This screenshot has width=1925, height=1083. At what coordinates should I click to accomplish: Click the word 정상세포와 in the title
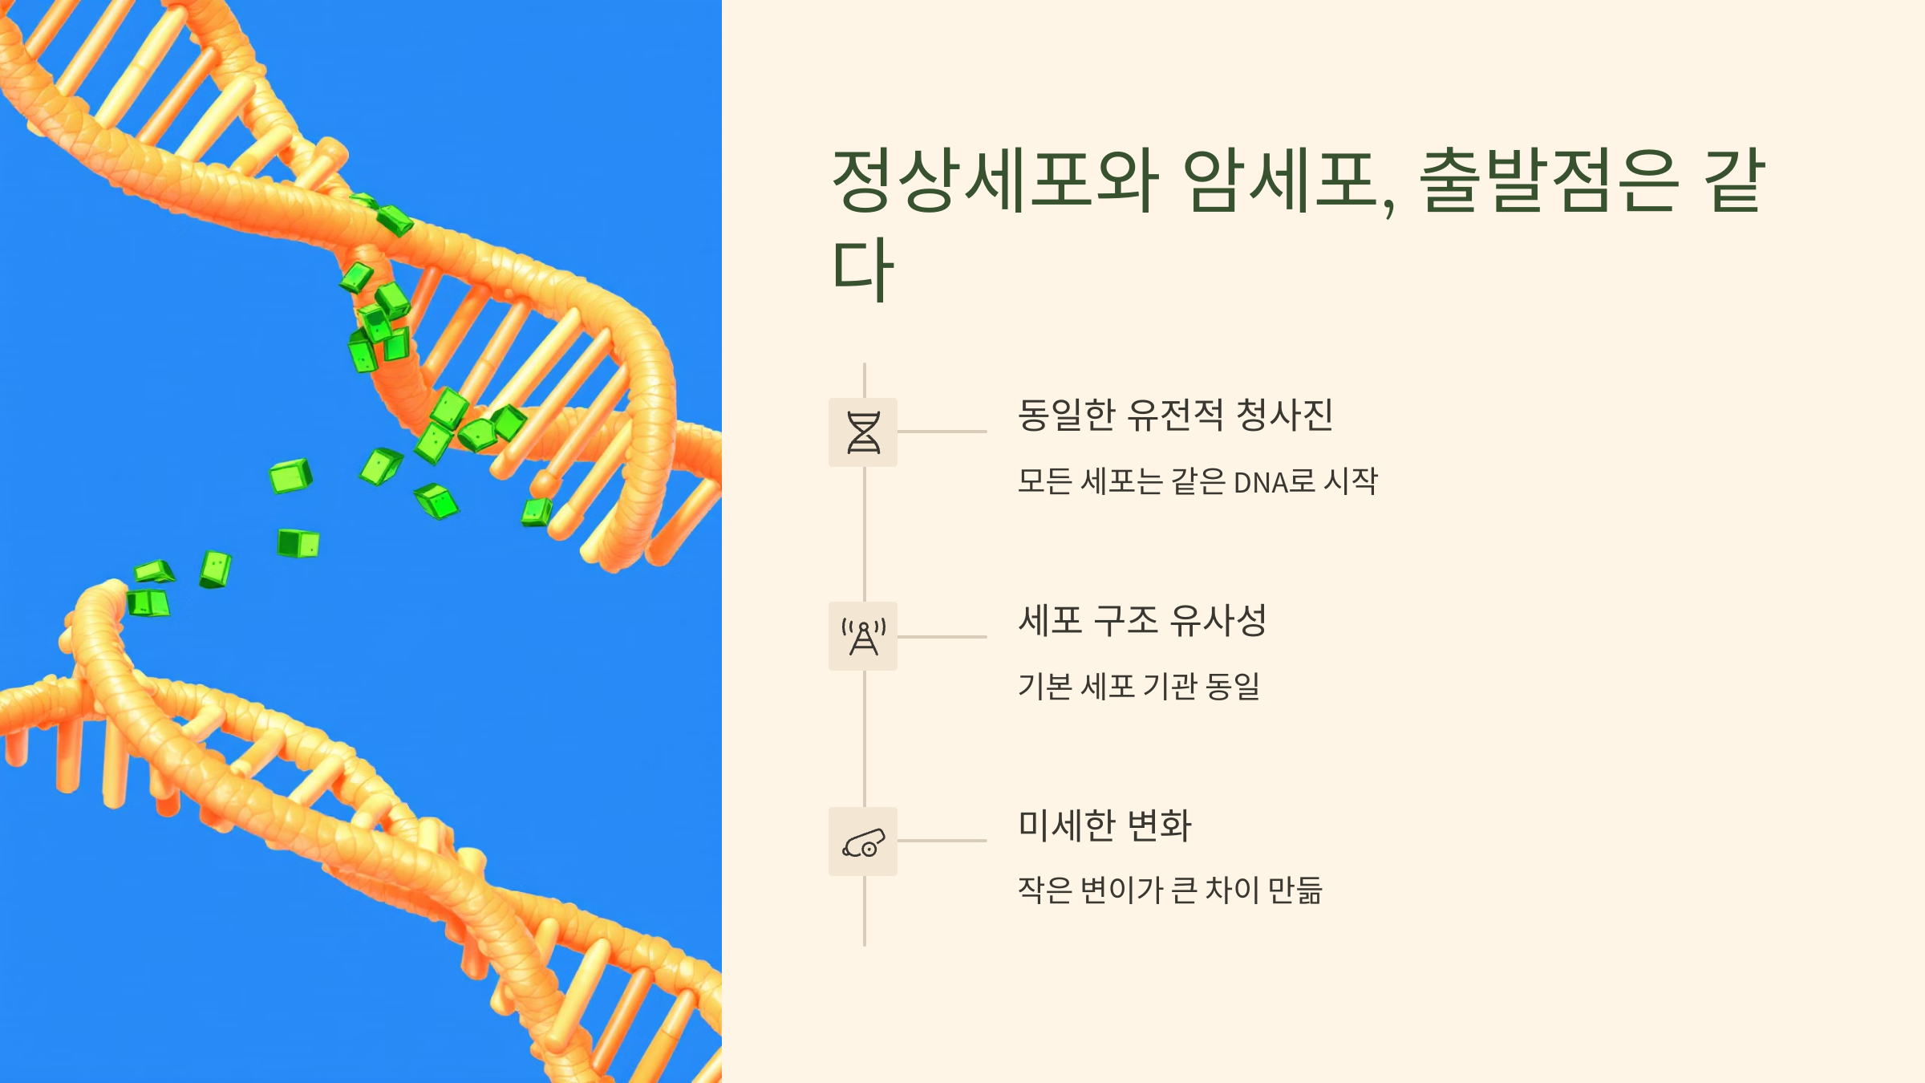click(995, 180)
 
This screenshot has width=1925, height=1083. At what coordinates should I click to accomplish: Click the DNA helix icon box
click(863, 432)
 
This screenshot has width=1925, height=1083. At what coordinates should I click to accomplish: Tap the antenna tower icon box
click(863, 636)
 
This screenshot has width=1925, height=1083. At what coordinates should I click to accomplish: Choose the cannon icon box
click(863, 842)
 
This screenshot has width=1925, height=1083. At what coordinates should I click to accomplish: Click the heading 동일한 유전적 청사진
click(1175, 416)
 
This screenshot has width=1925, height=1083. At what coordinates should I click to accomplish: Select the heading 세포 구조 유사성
click(1142, 620)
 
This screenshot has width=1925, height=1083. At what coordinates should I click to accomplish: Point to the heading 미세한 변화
click(1104, 825)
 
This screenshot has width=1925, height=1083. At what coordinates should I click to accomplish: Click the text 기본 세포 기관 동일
click(1139, 687)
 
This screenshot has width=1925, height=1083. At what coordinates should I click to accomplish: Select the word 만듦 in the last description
click(1295, 890)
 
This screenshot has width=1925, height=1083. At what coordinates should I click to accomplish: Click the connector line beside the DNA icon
click(942, 432)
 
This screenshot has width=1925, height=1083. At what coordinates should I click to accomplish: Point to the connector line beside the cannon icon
click(942, 841)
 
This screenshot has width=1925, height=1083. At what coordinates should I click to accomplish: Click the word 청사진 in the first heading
click(1285, 416)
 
